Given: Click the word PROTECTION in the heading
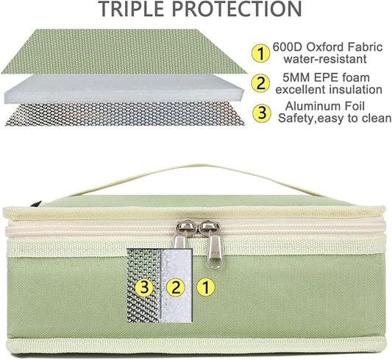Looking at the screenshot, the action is click(238, 9).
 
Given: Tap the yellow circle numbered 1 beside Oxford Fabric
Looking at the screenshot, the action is click(261, 53).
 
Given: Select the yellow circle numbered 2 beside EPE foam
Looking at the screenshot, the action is click(261, 83).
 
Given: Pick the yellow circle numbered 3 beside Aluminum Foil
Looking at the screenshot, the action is click(262, 113).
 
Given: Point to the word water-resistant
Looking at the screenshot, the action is click(325, 59).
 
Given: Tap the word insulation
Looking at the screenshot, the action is click(355, 89).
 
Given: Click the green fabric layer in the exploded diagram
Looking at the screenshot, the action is click(124, 52).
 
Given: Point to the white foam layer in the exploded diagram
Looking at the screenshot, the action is click(124, 89).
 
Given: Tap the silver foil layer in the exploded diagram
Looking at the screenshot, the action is click(125, 114).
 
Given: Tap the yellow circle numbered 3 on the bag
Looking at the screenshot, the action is click(144, 288).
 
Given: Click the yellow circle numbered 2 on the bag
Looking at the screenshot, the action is click(176, 288).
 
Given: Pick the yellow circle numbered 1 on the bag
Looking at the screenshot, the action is click(206, 288).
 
